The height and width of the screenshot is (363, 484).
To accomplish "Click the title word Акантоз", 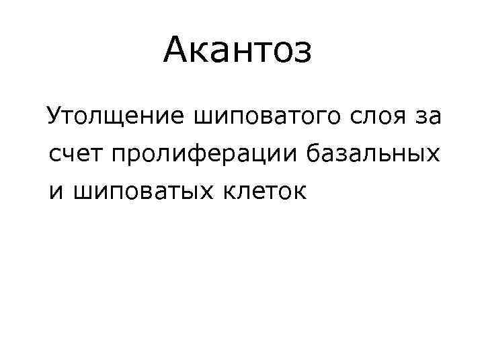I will click(x=237, y=50).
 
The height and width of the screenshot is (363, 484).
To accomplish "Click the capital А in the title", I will click(x=177, y=50).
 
